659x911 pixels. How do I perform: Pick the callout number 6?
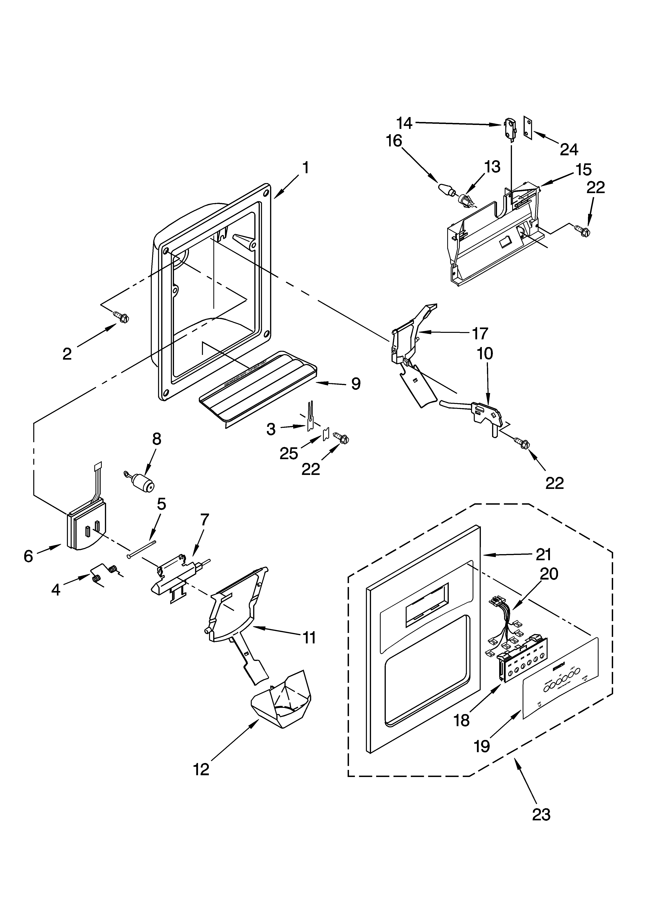pyautogui.click(x=28, y=556)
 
